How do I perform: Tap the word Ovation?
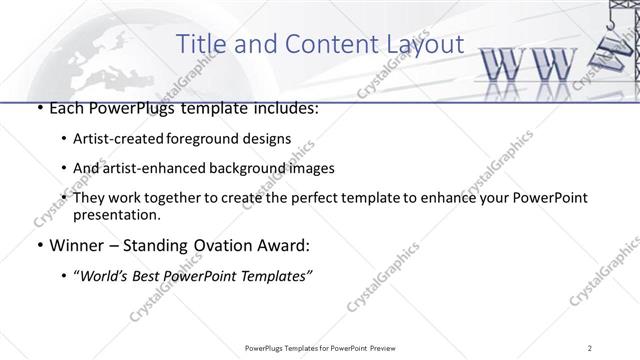[221, 245]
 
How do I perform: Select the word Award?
[285, 245]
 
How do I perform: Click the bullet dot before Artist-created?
[64, 138]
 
